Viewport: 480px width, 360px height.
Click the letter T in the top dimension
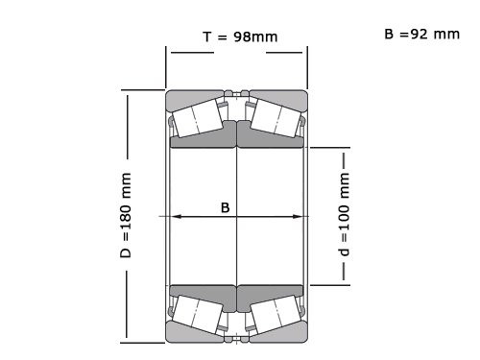tap(207, 36)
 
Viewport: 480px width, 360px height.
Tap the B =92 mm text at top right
tap(421, 34)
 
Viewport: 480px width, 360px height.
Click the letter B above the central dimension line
tap(226, 206)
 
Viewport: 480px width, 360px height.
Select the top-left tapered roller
tap(199, 117)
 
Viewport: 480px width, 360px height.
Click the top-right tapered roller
tap(276, 117)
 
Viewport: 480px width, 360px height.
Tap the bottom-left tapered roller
tap(199, 313)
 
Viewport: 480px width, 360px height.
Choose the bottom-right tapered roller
tap(276, 313)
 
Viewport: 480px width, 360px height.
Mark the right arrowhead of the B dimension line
tap(300, 217)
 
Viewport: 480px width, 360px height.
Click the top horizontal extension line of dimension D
tap(144, 90)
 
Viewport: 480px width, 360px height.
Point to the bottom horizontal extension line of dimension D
tap(144, 341)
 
